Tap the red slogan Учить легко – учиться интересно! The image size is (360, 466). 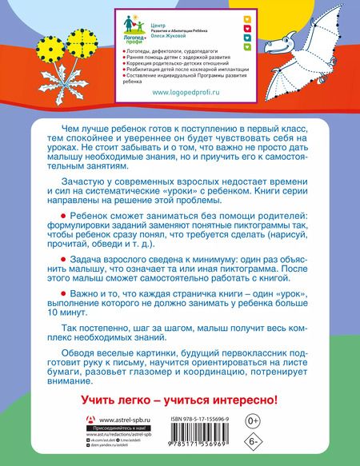click(x=180, y=397)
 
